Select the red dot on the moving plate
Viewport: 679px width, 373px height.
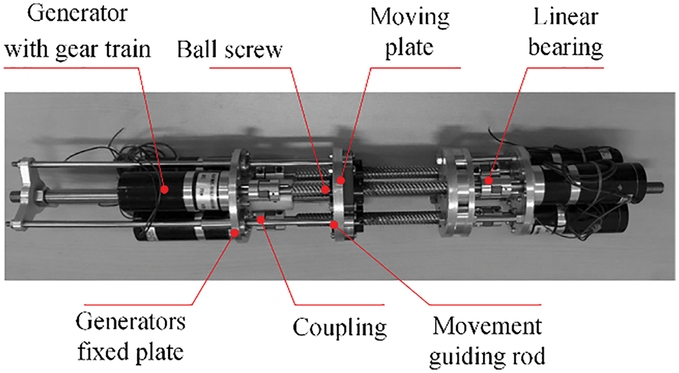coord(340,181)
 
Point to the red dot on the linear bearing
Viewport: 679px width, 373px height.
coord(488,181)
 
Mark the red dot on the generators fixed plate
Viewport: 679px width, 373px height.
coord(235,233)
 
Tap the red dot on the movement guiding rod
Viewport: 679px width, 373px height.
coord(334,224)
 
